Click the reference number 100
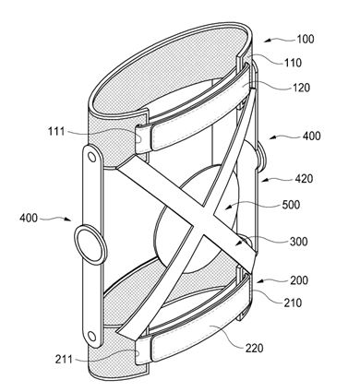pyautogui.click(x=306, y=39)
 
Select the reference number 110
pyautogui.click(x=293, y=63)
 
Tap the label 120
pyautogui.click(x=301, y=88)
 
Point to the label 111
pyautogui.click(x=56, y=131)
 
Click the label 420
pyautogui.click(x=304, y=179)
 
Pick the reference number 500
pyautogui.click(x=291, y=205)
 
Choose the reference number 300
pyautogui.click(x=298, y=242)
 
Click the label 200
pyautogui.click(x=299, y=280)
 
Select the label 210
pyautogui.click(x=293, y=303)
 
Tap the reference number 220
pyautogui.click(x=255, y=349)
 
